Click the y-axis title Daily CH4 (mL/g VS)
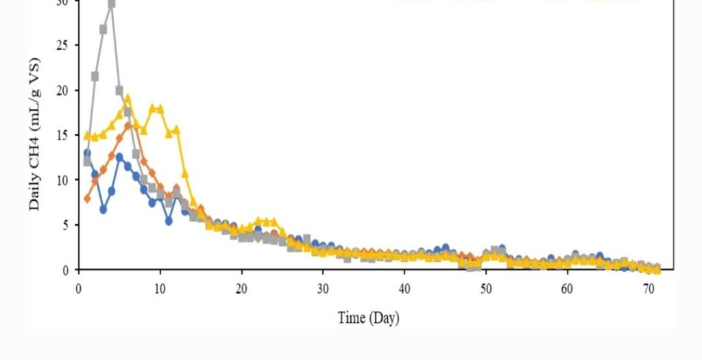click(35, 134)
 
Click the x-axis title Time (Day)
click(368, 318)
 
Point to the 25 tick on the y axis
click(66, 45)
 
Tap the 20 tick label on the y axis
click(66, 91)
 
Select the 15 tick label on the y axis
click(66, 135)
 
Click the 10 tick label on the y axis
click(66, 180)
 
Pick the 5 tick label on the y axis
click(69, 225)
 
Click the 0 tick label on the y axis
click(69, 270)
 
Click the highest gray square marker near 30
click(111, 4)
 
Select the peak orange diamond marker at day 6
click(128, 125)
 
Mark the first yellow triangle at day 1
click(87, 136)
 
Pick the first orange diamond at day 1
click(87, 199)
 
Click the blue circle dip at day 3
click(104, 209)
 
